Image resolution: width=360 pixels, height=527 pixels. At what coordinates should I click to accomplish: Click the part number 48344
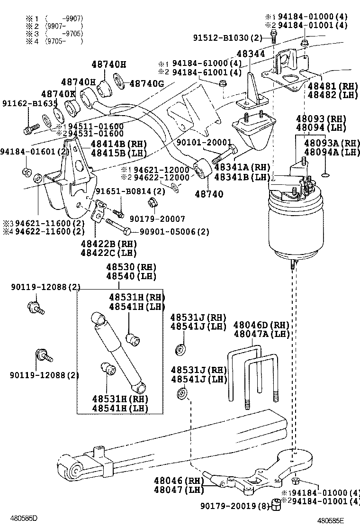pos(251,54)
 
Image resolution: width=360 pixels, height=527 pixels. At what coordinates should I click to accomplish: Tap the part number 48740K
pos(58,94)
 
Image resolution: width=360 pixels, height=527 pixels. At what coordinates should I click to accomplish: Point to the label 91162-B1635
pos(29,103)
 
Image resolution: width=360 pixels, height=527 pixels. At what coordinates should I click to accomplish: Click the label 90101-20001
pos(204,142)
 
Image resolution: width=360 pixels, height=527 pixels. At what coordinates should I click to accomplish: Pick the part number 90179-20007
pos(157,219)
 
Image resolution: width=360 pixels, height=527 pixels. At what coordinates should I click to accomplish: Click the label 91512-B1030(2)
pos(227,37)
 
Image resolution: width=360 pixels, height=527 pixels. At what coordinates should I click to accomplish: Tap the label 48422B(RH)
pos(109,244)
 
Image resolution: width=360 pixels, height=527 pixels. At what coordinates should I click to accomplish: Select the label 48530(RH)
pos(131,267)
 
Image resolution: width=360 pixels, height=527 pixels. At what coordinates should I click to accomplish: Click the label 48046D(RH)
pos(261,325)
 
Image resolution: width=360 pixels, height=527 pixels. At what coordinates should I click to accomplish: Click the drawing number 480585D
pos(24,518)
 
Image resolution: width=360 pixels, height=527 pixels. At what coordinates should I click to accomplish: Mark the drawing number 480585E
pos(331,521)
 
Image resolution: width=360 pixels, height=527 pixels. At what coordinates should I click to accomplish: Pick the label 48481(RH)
pos(333,86)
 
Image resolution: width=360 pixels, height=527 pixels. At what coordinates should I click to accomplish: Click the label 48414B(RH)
pos(119,144)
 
